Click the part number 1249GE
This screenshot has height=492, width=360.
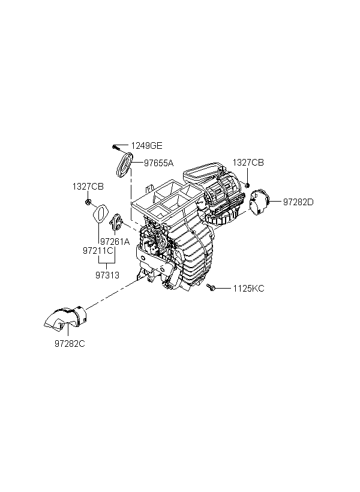pos(147,146)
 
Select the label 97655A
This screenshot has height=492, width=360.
pos(158,163)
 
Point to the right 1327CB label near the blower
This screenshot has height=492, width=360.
pos(248,163)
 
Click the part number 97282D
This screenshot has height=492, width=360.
pos(298,202)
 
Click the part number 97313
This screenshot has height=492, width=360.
pos(107,275)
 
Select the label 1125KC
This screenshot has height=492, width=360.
pos(248,289)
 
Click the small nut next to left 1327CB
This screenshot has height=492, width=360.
pos(88,203)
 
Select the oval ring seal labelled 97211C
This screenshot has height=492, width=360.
pos(101,214)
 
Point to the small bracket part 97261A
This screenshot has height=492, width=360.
pos(118,223)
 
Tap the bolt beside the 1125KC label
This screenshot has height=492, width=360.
pos(211,289)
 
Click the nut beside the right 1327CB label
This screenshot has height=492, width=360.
pos(247,183)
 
